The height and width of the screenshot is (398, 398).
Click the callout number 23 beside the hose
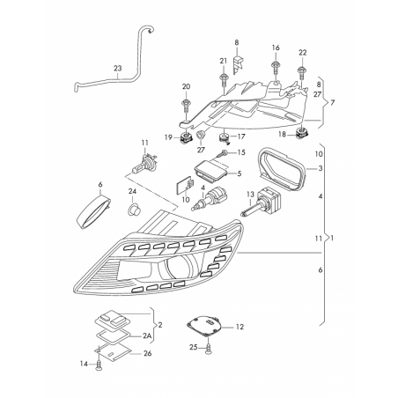[117, 68]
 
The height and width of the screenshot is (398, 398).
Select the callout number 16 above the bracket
[276, 48]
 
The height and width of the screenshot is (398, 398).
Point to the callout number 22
[302, 51]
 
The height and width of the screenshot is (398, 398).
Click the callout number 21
[224, 61]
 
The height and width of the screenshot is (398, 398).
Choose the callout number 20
[186, 85]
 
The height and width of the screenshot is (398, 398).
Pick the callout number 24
[131, 191]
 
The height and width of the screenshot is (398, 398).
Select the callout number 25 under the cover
[193, 348]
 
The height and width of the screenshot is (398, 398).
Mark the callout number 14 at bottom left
[84, 364]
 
